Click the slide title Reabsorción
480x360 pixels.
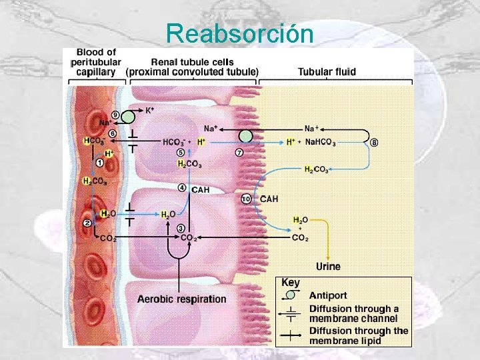click(239, 33)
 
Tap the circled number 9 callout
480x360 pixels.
click(115, 115)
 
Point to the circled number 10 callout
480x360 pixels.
click(245, 199)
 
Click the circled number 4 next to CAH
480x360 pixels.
click(181, 188)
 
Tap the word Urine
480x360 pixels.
click(328, 267)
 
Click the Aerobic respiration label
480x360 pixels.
click(181, 299)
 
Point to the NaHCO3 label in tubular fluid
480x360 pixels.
click(321, 142)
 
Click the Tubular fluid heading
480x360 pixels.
click(327, 71)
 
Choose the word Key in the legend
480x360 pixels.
click(291, 283)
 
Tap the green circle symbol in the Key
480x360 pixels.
click(290, 295)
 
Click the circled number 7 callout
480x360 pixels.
click(239, 153)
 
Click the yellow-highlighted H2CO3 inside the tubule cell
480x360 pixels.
click(190, 164)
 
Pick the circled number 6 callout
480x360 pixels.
click(113, 133)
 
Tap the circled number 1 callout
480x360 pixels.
click(99, 162)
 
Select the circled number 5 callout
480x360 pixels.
click(181, 152)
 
